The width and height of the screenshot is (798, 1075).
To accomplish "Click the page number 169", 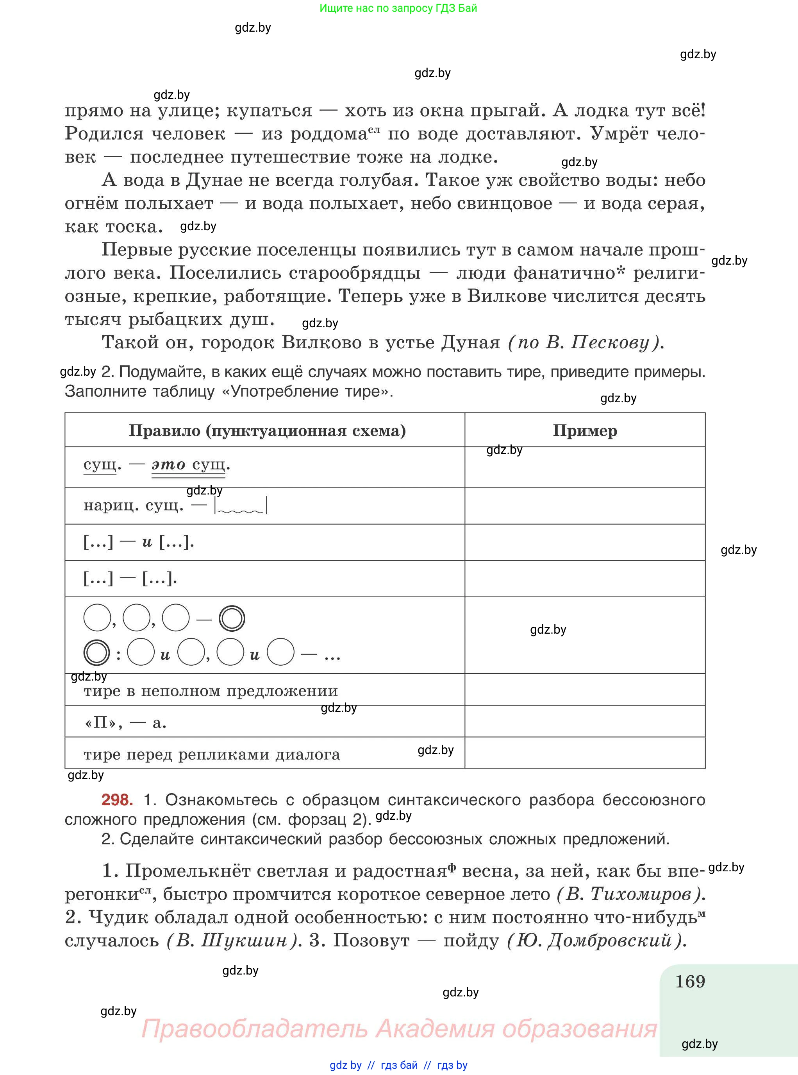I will click(x=690, y=982).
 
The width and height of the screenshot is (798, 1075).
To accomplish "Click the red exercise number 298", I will click(x=117, y=800).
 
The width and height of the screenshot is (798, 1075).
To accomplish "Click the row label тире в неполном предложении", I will click(x=211, y=691).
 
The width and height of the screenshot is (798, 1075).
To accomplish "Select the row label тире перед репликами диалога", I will click(x=212, y=754).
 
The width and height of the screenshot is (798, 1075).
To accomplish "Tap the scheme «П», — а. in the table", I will click(x=125, y=723).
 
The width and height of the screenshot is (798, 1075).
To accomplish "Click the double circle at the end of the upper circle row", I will click(x=232, y=618).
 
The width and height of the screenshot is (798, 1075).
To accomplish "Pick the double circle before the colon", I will click(x=96, y=652).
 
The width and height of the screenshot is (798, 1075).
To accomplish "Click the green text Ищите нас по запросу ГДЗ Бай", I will click(x=398, y=8).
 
